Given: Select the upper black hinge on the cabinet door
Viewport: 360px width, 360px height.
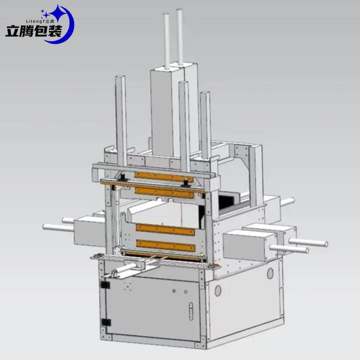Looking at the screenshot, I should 105,285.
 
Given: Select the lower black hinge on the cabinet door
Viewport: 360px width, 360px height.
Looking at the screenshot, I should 106,322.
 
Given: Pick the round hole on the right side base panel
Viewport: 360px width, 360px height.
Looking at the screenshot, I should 270,273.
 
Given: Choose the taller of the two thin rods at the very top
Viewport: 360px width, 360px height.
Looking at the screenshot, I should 180,36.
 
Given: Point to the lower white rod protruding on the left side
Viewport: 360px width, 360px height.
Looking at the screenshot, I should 58,228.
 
